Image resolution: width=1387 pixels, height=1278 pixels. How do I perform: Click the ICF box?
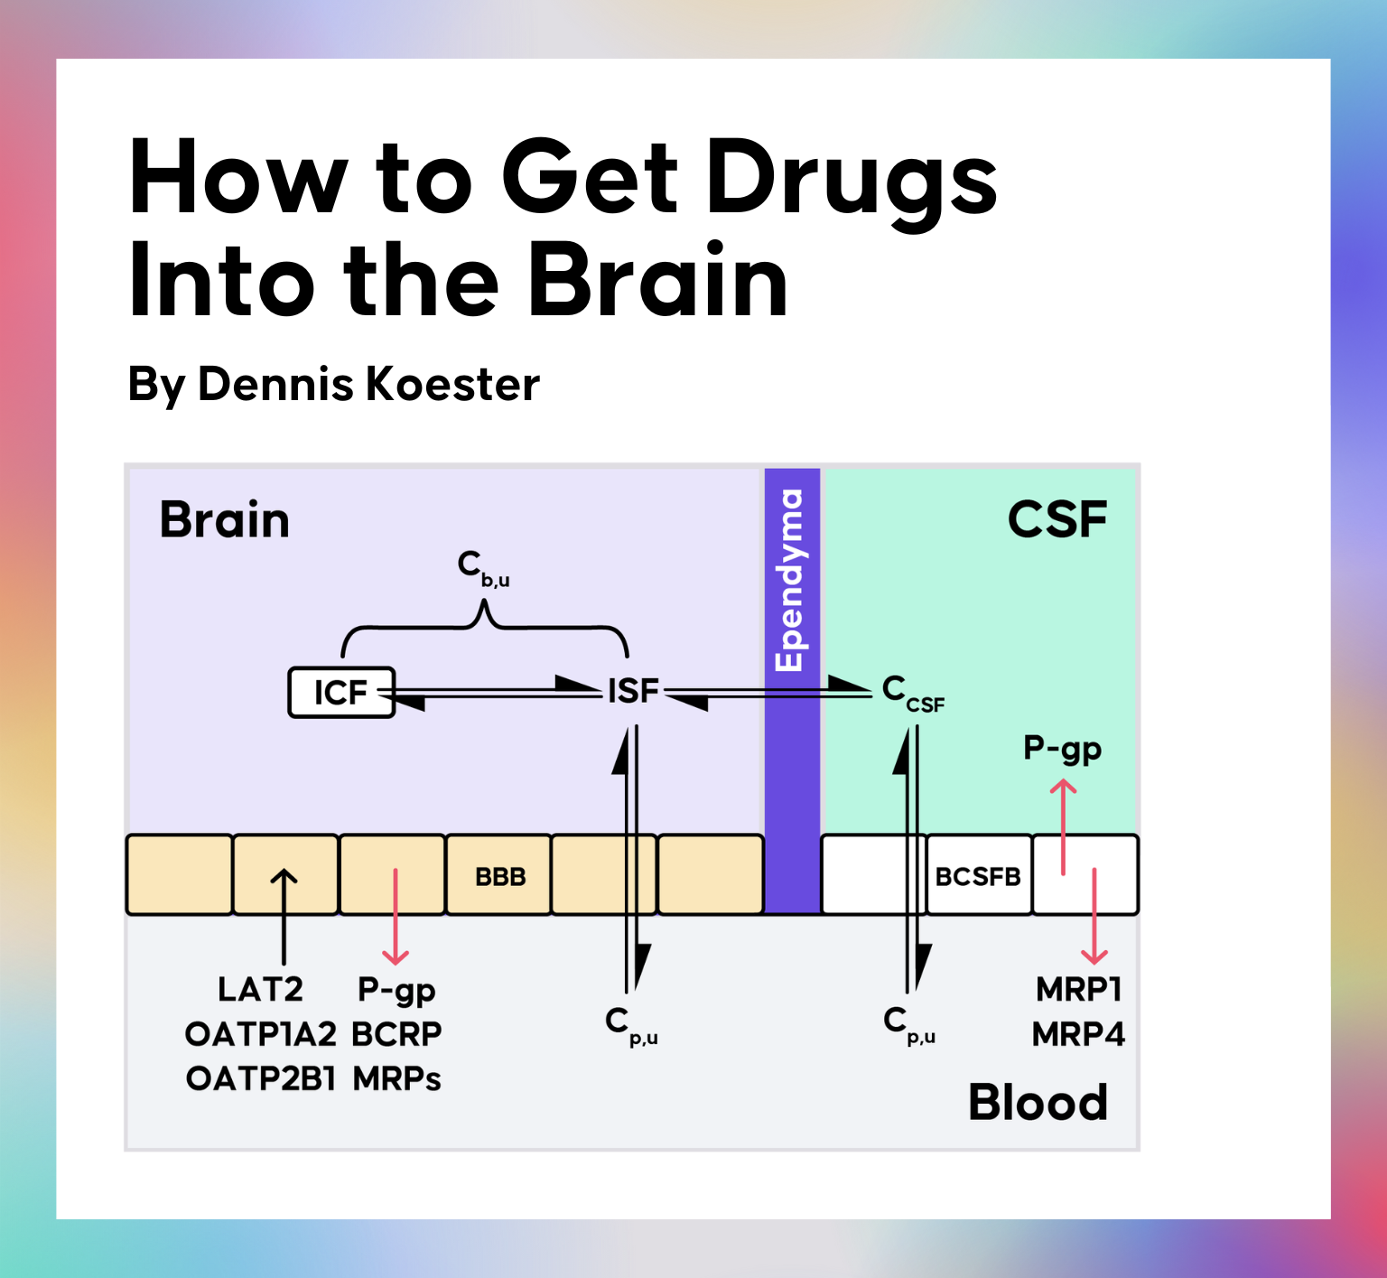pos(341,692)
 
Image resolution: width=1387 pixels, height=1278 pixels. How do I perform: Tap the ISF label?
pos(633,691)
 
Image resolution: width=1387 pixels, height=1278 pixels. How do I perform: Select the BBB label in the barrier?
pos(500,876)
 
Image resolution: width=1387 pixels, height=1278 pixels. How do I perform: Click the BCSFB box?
pos(979,875)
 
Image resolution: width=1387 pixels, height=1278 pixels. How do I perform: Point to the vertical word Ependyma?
pos(789,580)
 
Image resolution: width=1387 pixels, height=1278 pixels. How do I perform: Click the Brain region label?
pos(225,520)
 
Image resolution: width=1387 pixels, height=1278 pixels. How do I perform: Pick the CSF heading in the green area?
pos(1057,519)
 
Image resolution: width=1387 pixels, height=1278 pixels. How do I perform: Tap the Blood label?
pos(1038,1102)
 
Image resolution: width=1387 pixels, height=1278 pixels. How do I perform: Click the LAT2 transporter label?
pos(260,989)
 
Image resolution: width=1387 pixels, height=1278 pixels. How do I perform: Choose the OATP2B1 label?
pos(260,1078)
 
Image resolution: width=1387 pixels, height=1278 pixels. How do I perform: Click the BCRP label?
pos(396,1034)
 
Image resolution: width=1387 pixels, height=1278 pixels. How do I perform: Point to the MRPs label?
pos(396,1078)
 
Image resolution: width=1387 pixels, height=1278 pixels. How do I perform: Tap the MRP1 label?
pos(1078,989)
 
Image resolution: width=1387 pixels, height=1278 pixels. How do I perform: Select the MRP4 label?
pos(1078,1034)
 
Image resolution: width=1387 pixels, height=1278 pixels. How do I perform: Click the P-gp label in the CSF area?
pos(1062,750)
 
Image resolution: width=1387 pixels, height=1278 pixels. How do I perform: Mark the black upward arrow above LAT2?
pos(284,917)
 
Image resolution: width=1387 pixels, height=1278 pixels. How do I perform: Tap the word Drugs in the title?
pos(852,180)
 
